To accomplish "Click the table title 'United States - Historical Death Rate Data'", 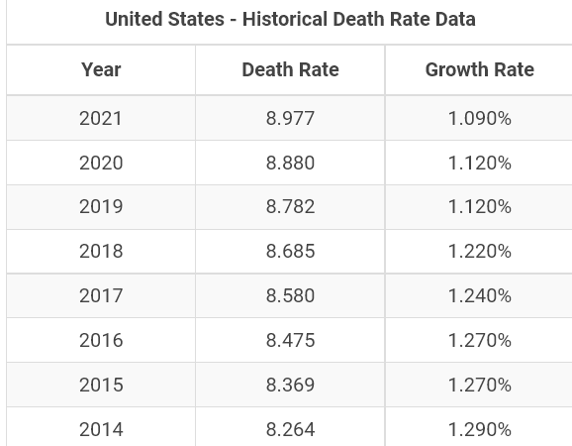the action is [290, 19].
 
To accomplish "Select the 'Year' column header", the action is [101, 69].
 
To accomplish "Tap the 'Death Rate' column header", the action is [290, 69].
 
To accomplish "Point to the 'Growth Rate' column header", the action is [480, 69].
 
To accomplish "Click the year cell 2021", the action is [101, 118].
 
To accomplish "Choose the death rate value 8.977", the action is [290, 118].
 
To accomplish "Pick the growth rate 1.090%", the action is [480, 118].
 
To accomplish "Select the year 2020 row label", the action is [101, 163].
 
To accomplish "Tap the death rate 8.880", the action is [290, 163].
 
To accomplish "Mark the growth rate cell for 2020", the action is [480, 163].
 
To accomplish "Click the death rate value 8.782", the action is [290, 207].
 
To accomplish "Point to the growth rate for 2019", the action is [480, 207].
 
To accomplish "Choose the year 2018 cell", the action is [101, 252].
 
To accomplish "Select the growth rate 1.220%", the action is [480, 252].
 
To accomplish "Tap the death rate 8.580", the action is [290, 295].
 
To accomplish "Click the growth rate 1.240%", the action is [480, 295].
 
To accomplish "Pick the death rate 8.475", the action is [290, 340].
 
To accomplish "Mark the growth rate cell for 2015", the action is [480, 385].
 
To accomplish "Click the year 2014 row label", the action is [101, 429].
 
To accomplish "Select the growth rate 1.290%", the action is [480, 429].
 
